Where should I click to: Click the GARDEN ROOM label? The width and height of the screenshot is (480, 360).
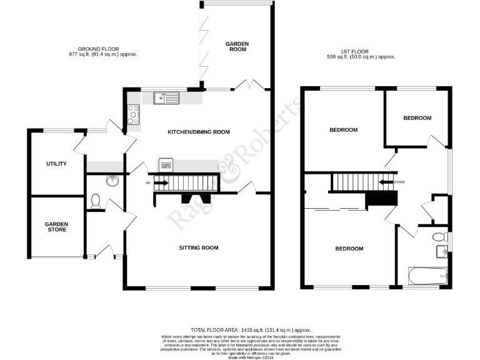coord(237,46)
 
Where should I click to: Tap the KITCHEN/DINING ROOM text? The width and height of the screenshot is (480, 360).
coord(198,132)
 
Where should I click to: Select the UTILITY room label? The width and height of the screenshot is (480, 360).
coord(56,164)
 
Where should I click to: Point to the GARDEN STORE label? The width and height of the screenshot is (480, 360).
coord(56,226)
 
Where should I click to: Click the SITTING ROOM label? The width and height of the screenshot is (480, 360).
coord(198,248)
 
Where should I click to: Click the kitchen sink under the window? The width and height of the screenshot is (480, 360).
coord(168,97)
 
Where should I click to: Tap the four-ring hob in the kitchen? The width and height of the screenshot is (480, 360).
coord(133,114)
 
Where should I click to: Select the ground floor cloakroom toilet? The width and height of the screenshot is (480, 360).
coord(96,201)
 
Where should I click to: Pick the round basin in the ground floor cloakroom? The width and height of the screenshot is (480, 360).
coord(112,181)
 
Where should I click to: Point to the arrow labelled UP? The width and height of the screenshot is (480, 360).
coord(161,183)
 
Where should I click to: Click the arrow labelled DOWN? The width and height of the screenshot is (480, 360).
coord(387,182)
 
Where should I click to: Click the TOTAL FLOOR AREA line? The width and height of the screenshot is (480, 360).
coord(251,329)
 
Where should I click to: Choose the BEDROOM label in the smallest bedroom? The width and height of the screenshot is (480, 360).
coord(417,118)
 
